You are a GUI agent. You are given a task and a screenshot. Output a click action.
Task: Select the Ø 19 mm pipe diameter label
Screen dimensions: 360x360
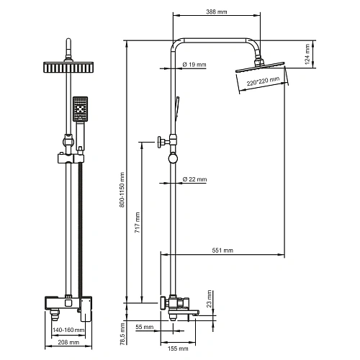click(194, 65)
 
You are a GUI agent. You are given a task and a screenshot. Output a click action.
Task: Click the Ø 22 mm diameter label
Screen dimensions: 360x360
click(194, 179)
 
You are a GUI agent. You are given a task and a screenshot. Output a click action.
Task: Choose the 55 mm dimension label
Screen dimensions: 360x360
click(143, 328)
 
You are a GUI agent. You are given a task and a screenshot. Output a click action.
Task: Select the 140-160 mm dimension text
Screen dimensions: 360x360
click(69, 330)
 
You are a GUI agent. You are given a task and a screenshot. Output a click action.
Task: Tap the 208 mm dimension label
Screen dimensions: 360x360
click(68, 343)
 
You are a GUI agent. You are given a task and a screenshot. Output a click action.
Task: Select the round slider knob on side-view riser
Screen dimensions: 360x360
click(171, 161)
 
